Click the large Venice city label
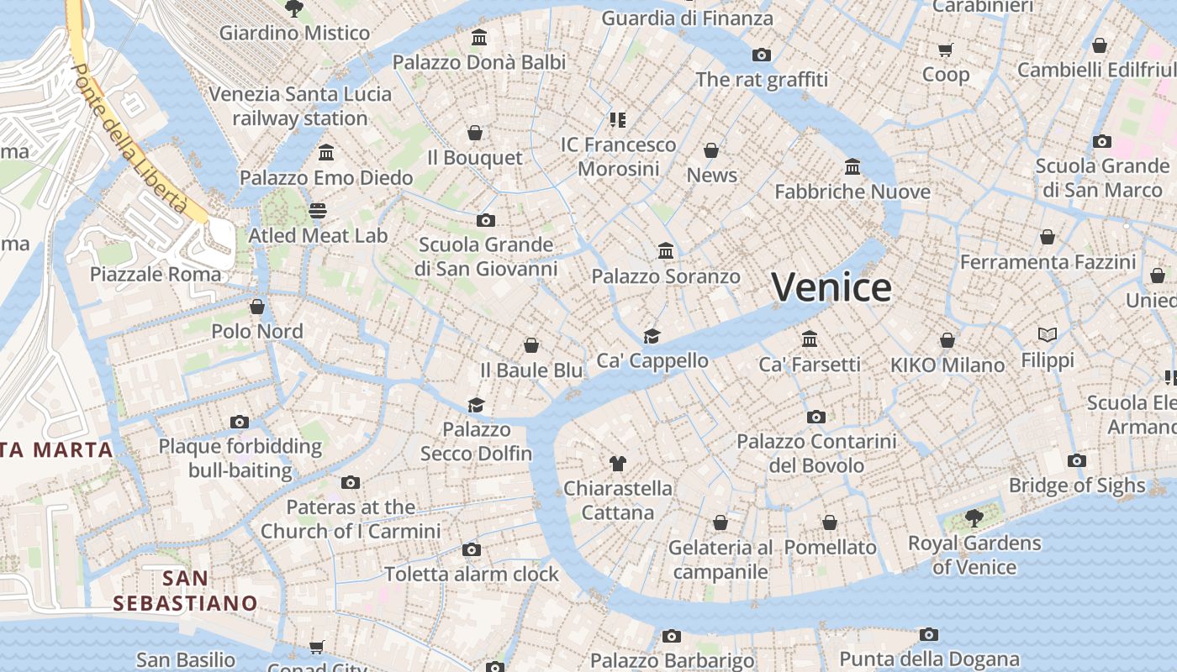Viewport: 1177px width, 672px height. [x=831, y=287]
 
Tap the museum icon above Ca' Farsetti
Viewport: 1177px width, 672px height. [x=810, y=339]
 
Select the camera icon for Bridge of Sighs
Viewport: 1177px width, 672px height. [x=1077, y=460]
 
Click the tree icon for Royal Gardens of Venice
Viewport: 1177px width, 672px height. [x=974, y=517]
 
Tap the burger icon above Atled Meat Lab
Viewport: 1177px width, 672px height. [x=318, y=210]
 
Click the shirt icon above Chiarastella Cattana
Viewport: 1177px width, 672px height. [x=618, y=463]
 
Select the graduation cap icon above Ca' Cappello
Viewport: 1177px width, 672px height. [x=652, y=336]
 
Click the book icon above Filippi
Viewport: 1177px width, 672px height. [x=1048, y=334]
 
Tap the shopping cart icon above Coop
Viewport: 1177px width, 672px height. [x=946, y=50]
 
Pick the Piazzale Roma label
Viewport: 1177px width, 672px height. [x=156, y=274]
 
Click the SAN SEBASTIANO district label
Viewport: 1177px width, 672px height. [x=185, y=591]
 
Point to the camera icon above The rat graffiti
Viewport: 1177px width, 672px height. [x=762, y=55]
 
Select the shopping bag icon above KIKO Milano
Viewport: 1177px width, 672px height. [x=947, y=340]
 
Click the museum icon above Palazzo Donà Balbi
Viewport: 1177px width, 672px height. [x=479, y=37]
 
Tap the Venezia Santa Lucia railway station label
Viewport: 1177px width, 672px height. [x=300, y=106]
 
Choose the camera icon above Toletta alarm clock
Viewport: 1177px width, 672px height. [x=472, y=549]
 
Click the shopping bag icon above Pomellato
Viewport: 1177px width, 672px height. [x=830, y=522]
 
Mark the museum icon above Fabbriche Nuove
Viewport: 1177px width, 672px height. [x=852, y=166]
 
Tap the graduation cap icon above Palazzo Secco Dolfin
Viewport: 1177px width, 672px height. [x=477, y=405]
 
